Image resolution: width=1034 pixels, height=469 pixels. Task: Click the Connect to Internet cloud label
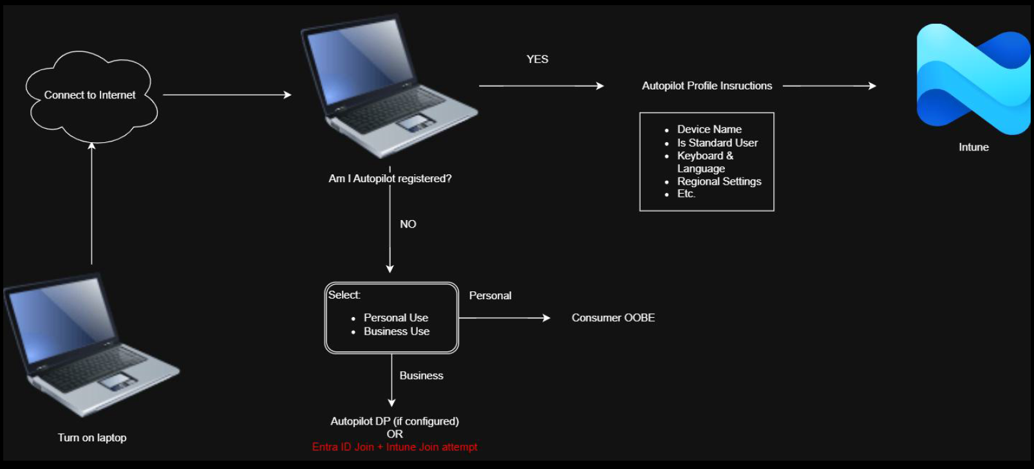tap(89, 95)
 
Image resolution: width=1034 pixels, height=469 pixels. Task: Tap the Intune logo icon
tap(973, 79)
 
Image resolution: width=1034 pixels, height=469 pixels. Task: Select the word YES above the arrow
tap(538, 59)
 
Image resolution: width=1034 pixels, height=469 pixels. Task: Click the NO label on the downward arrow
tap(408, 224)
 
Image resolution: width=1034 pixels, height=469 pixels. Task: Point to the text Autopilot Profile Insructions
tap(707, 86)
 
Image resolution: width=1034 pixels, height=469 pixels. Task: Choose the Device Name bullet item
tap(709, 129)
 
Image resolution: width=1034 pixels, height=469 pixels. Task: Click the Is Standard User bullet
tap(717, 143)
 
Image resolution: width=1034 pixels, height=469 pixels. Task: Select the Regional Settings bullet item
tap(719, 181)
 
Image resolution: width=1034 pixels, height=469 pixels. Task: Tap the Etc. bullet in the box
tap(686, 194)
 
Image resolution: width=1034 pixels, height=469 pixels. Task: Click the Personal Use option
tap(395, 318)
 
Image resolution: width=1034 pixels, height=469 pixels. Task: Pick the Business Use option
tap(397, 331)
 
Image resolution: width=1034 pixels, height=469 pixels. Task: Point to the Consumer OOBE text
tap(613, 318)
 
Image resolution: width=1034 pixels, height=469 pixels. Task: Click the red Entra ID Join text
tap(395, 447)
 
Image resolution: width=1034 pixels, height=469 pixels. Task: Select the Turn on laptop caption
tap(92, 437)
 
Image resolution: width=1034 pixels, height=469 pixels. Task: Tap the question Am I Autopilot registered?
tap(390, 178)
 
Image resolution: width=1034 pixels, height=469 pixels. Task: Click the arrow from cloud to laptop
tap(227, 95)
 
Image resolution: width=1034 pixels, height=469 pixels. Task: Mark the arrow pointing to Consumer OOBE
tap(505, 318)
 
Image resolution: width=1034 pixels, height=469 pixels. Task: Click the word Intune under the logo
tap(973, 147)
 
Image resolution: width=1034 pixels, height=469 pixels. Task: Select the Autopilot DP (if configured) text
tap(395, 421)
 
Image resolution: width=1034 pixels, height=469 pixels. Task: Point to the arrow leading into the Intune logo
tap(829, 86)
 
